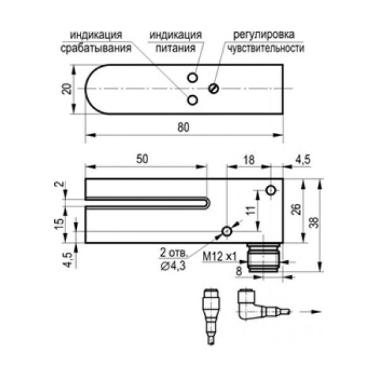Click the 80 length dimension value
coord(183,127)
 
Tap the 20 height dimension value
coord(67,89)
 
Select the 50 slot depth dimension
coord(142,159)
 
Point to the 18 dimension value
coord(249,159)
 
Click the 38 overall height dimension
coord(314,222)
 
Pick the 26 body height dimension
coord(297,209)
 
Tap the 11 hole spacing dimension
coord(251,210)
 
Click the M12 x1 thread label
coord(220,256)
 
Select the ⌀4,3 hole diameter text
coord(173,265)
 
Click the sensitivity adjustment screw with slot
coord(214,89)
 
